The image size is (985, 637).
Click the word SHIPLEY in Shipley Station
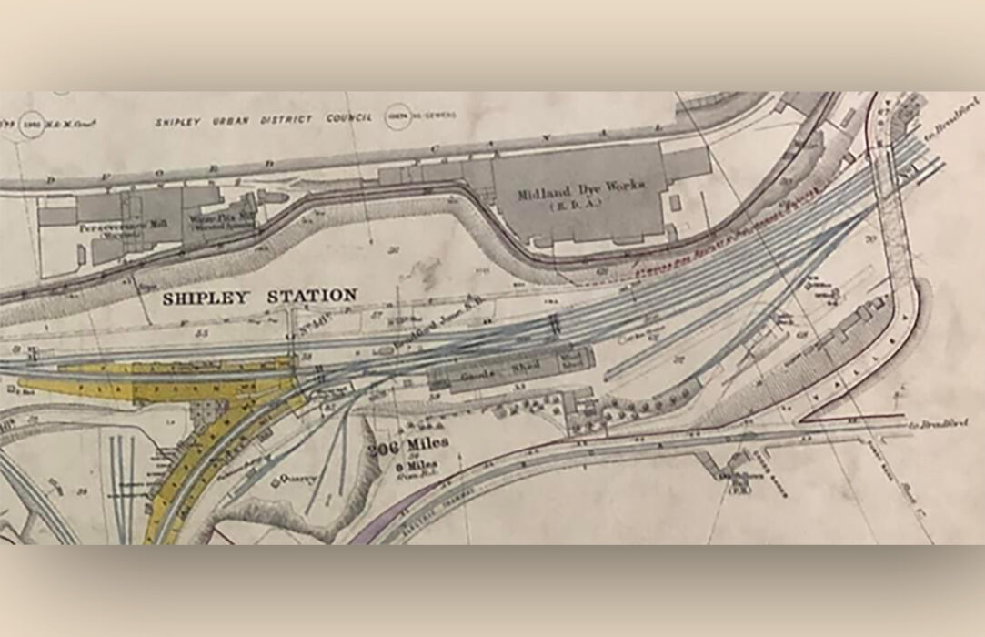(207, 297)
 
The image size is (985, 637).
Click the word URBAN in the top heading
(219, 119)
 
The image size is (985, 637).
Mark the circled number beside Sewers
(397, 116)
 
